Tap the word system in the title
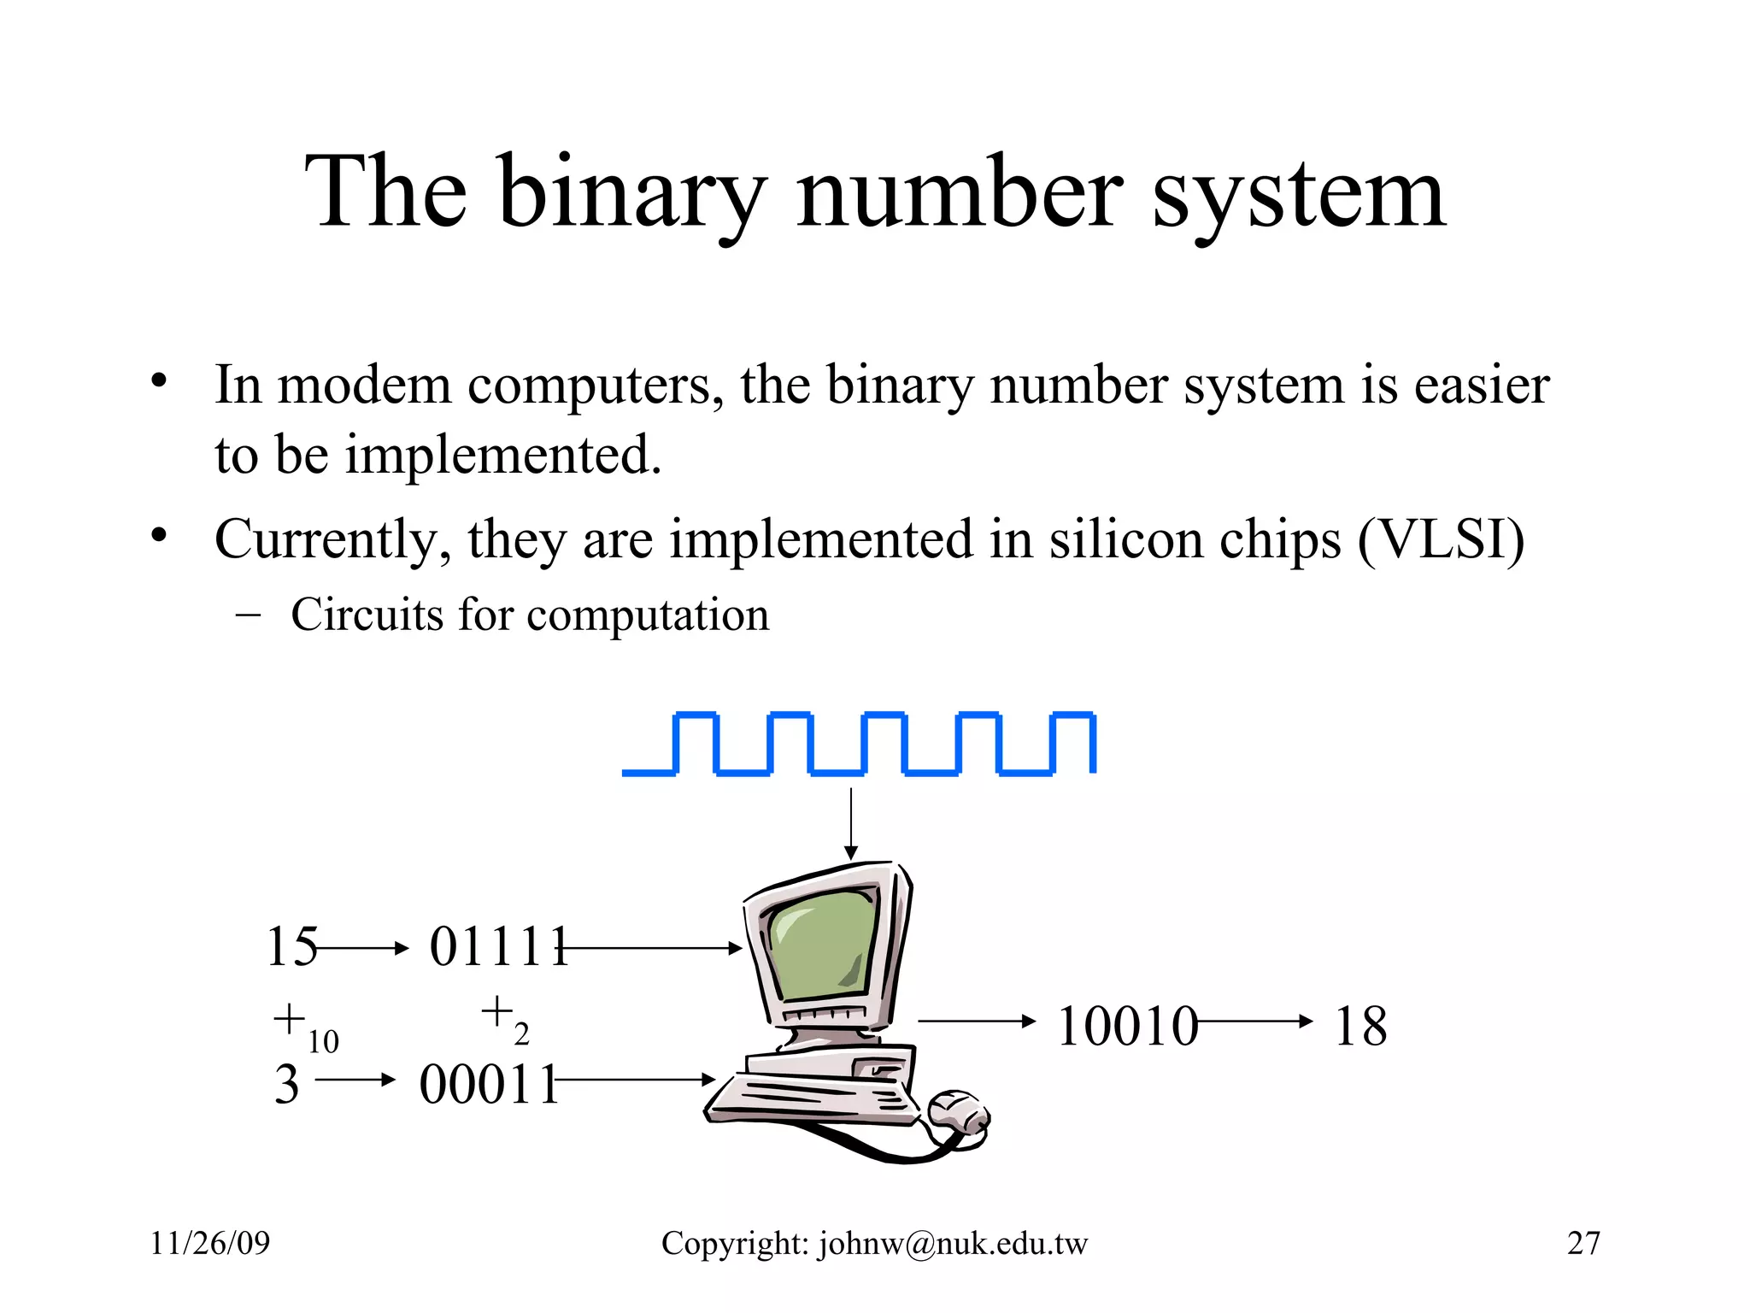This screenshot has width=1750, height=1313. pyautogui.click(x=1298, y=195)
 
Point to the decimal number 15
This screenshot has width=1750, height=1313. pyautogui.click(x=291, y=947)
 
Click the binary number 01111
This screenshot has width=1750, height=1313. pyautogui.click(x=498, y=947)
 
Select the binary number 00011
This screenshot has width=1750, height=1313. pyautogui.click(x=488, y=1085)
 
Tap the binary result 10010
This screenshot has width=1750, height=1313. pyautogui.click(x=1126, y=1026)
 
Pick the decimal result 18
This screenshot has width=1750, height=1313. pyautogui.click(x=1360, y=1026)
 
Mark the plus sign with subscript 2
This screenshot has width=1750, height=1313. pyautogui.click(x=496, y=1013)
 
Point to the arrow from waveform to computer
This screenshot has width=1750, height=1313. pyautogui.click(x=851, y=824)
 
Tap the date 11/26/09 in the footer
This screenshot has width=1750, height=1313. pyautogui.click(x=209, y=1243)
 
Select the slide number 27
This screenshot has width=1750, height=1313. pyautogui.click(x=1583, y=1243)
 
